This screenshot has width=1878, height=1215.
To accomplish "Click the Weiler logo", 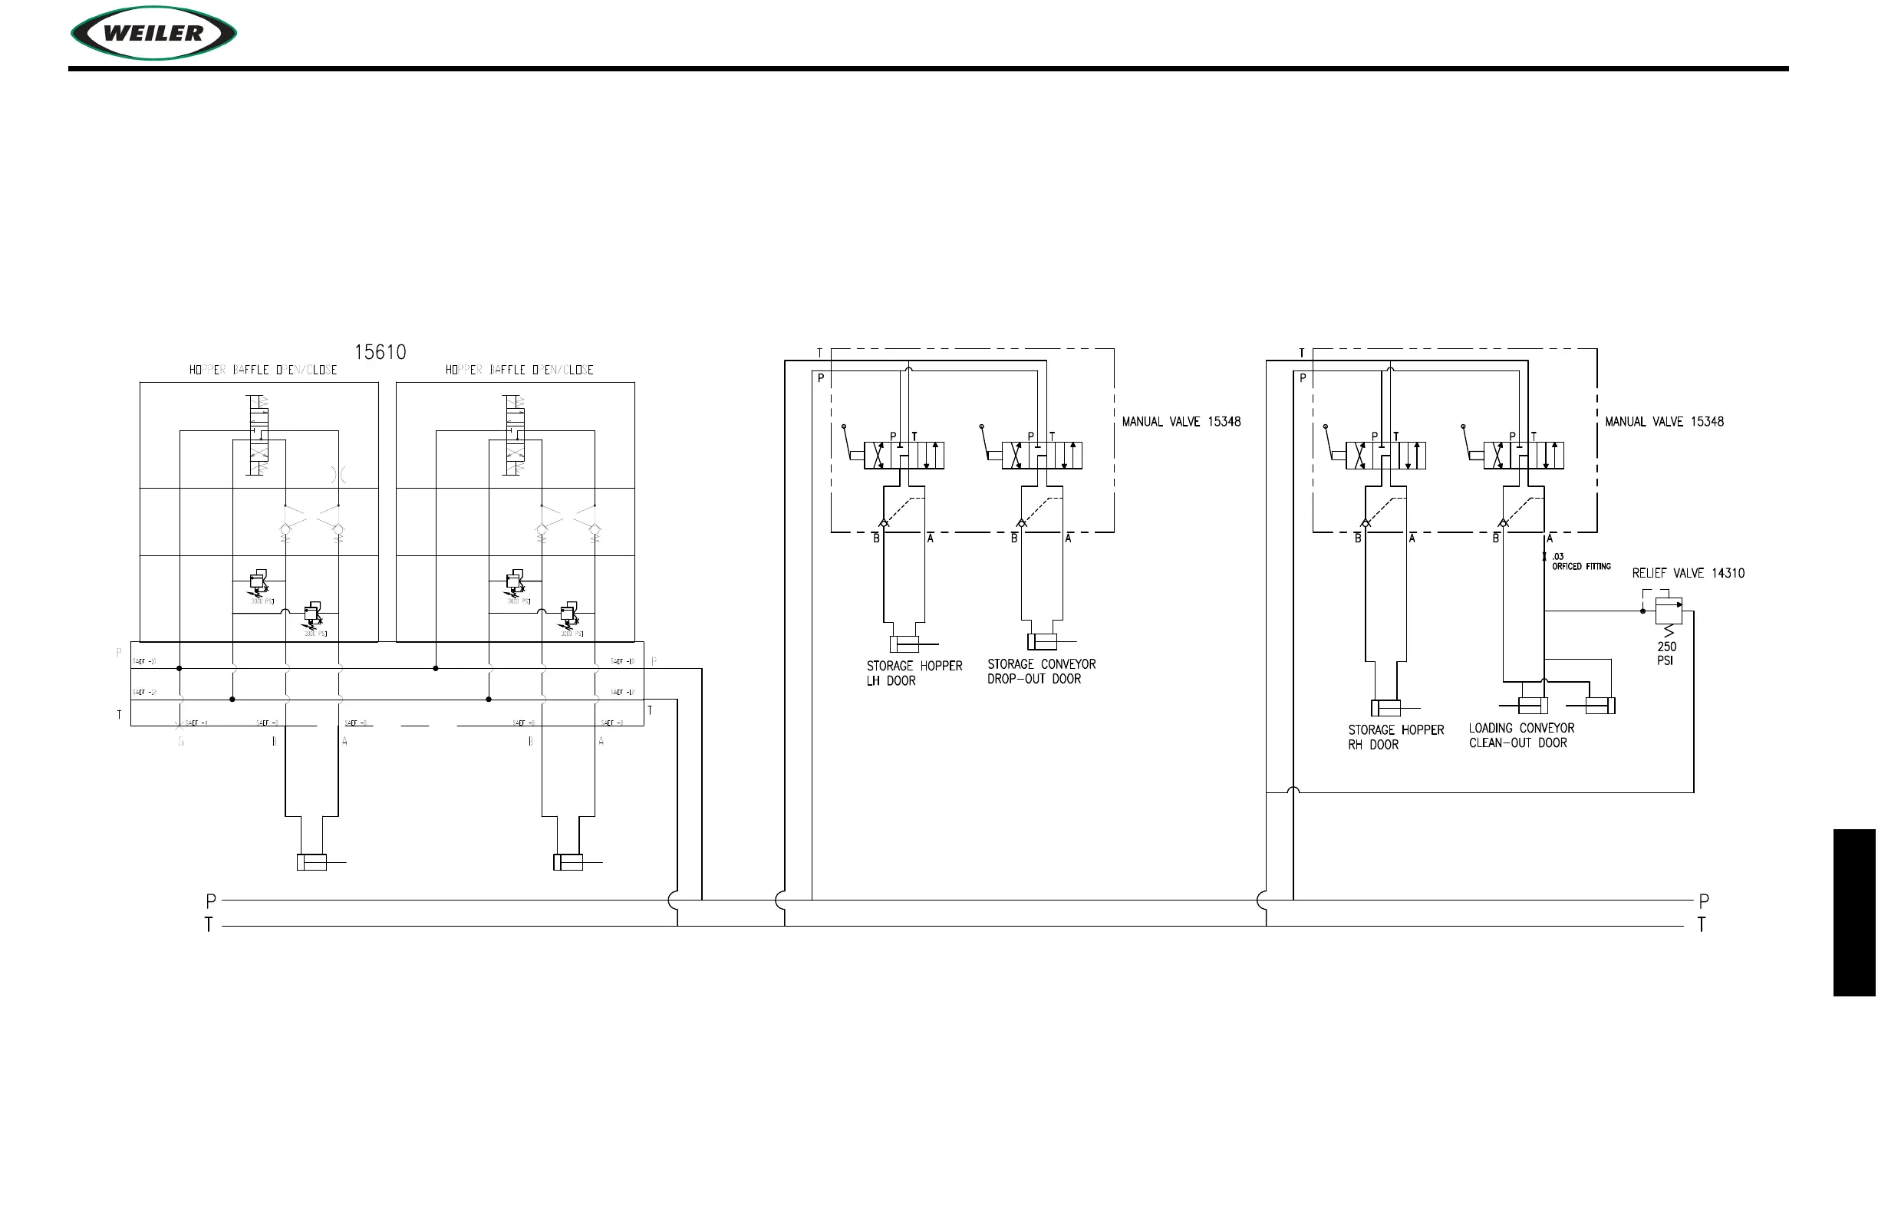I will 154,33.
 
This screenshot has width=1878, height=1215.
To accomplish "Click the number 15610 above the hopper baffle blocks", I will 380,352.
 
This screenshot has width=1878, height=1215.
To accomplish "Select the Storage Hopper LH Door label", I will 914,673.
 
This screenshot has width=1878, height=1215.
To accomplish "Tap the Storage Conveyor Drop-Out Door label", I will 1041,671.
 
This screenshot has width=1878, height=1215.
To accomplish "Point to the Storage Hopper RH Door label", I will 1395,737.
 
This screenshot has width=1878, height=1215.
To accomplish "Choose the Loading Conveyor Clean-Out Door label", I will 1521,736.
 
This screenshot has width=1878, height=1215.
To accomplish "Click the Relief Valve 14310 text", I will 1688,573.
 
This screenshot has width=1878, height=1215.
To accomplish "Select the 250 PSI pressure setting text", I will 1665,654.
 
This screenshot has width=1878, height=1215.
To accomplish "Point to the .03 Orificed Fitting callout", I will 1580,561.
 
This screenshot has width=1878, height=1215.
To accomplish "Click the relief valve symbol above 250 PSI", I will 1668,611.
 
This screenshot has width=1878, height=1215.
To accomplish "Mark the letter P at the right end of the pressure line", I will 1704,901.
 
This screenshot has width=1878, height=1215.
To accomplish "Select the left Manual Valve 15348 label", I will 1181,422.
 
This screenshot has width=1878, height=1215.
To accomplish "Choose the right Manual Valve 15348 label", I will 1663,422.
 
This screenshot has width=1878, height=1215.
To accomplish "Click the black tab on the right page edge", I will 1853,912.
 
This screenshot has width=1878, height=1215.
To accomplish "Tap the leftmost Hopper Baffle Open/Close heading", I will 263,370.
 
